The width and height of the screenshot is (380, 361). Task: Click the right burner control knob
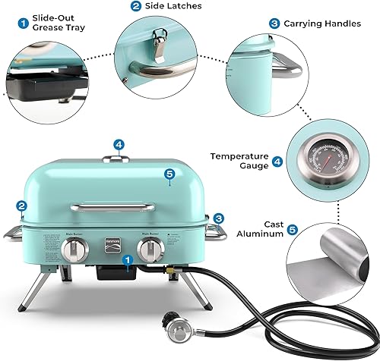click(x=152, y=250)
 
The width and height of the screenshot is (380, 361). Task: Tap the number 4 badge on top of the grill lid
click(x=118, y=143)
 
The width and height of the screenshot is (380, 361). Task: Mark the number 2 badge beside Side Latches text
click(x=135, y=7)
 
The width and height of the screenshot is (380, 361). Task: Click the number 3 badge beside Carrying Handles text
click(x=274, y=24)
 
